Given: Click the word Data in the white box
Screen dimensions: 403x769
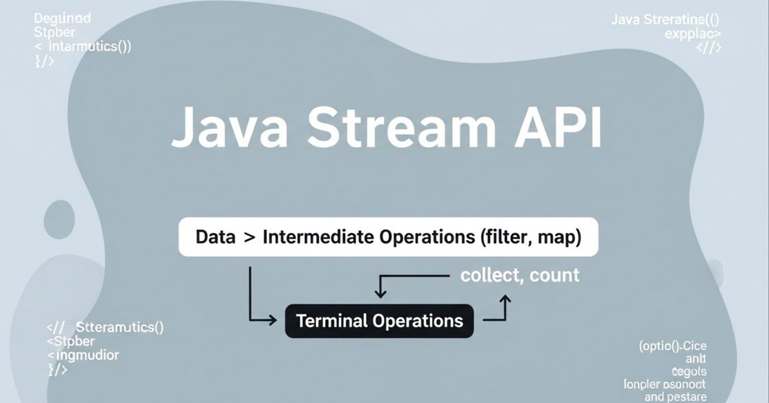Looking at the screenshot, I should point(215,237).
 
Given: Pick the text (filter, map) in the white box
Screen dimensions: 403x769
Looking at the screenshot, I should point(530,237).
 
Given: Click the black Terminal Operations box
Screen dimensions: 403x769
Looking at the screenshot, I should point(379,321).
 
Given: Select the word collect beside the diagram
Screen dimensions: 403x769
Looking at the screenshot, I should point(489,275).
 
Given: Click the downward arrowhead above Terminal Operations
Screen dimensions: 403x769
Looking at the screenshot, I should point(380,294).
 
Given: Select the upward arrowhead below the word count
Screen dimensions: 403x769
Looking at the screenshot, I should point(506,298).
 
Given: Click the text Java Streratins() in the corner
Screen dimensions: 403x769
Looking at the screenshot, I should point(666,20).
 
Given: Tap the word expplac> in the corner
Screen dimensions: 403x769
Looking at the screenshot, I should point(693,34).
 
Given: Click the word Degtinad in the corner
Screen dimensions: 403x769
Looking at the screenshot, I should point(62,18).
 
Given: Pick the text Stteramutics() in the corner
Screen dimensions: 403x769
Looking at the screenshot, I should point(120,328).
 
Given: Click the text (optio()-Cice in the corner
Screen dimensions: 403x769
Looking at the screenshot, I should point(672,346).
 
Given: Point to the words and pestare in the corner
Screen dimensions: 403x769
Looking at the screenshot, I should point(675,397).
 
